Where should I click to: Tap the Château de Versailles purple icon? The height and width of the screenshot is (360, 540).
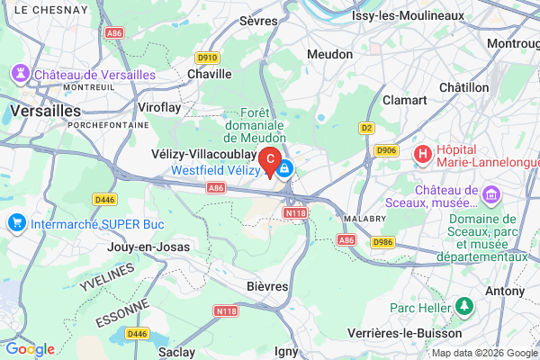pyautogui.click(x=19, y=73)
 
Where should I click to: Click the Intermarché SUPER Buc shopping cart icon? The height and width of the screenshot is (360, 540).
pyautogui.click(x=16, y=222)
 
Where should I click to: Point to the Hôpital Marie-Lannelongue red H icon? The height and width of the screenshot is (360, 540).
pyautogui.click(x=421, y=155)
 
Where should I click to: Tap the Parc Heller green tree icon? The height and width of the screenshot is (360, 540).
pyautogui.click(x=464, y=308)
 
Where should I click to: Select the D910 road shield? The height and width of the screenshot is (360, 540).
pyautogui.click(x=208, y=58)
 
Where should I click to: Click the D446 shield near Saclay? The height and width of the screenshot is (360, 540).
pyautogui.click(x=137, y=334)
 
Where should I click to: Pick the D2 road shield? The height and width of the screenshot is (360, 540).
pyautogui.click(x=366, y=128)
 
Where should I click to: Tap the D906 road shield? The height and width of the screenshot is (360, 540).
pyautogui.click(x=387, y=150)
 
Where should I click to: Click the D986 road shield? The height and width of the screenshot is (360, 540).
pyautogui.click(x=383, y=242)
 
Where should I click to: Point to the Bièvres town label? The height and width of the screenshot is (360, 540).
pyautogui.click(x=267, y=285)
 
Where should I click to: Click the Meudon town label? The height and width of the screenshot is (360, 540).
pyautogui.click(x=329, y=55)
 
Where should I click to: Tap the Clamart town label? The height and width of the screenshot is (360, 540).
pyautogui.click(x=404, y=100)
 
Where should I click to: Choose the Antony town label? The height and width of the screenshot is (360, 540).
pyautogui.click(x=504, y=292)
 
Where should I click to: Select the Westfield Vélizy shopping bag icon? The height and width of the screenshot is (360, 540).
pyautogui.click(x=284, y=169)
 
